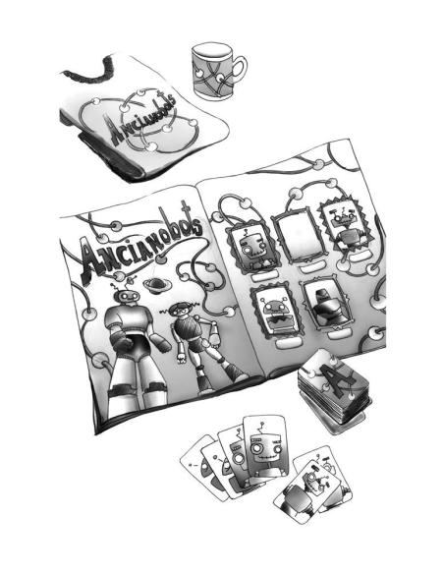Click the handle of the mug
[x=242, y=70]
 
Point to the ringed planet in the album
[x=156, y=285]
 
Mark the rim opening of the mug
[x=212, y=50]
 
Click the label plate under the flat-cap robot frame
[x=337, y=334]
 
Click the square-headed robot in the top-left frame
[x=252, y=249]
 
